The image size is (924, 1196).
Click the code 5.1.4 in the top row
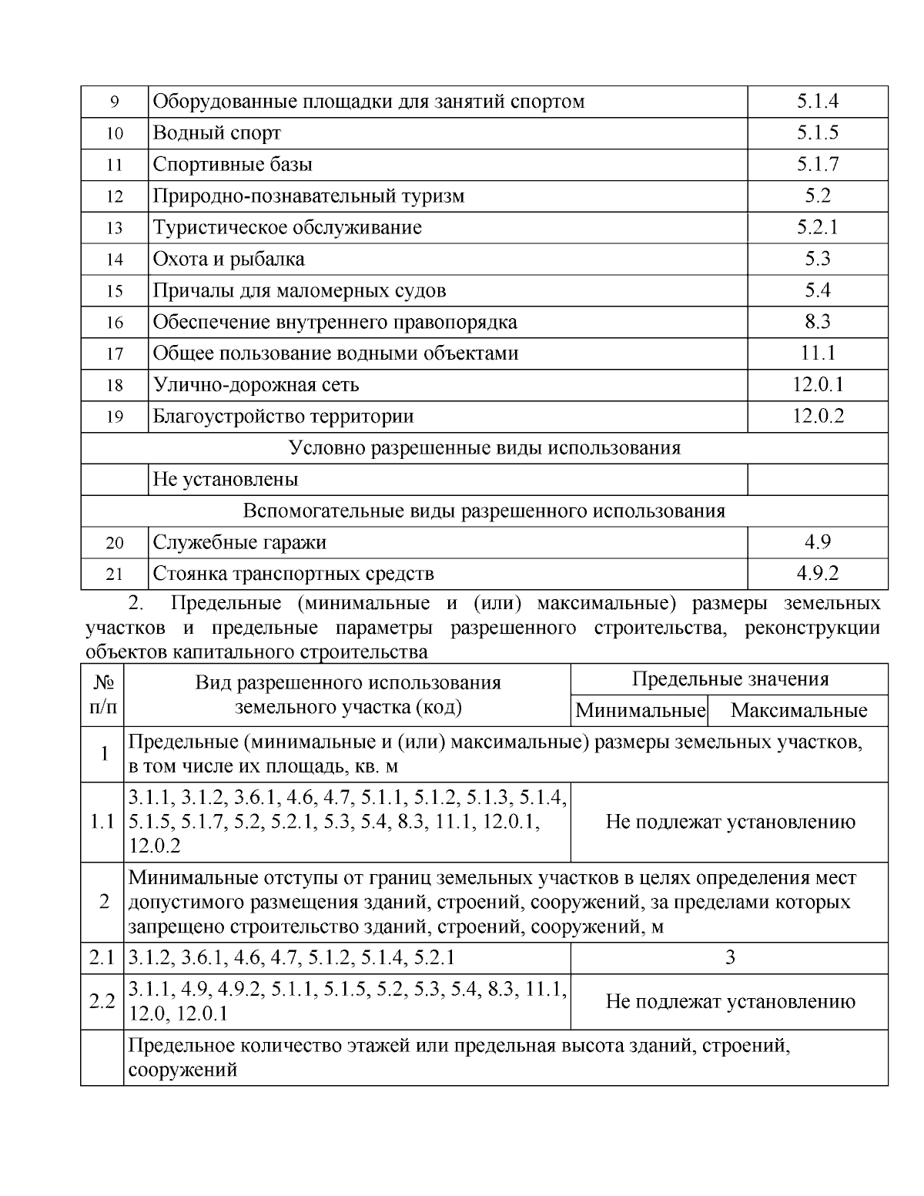tap(817, 101)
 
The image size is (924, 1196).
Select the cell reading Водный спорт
tap(217, 132)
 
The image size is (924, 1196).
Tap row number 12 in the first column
tap(114, 196)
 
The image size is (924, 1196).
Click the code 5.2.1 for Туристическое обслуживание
tap(817, 227)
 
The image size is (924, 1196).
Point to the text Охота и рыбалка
tap(229, 259)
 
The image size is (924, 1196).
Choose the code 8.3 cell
tap(817, 322)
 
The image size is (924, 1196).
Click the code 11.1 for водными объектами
tap(817, 353)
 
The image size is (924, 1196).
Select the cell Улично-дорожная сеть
tap(256, 385)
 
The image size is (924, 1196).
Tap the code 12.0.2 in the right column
tap(817, 417)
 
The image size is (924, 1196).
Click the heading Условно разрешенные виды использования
tap(484, 448)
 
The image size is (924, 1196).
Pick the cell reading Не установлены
tap(226, 480)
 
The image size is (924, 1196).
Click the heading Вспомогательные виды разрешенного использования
tap(484, 511)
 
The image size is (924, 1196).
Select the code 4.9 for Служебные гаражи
tap(817, 543)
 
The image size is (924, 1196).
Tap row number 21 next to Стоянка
tap(114, 575)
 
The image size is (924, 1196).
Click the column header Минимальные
tap(640, 711)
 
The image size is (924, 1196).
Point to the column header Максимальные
tap(798, 711)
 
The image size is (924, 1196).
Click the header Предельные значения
tap(729, 679)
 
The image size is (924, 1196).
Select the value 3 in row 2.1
tap(729, 957)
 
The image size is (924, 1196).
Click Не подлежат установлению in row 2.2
tap(729, 1001)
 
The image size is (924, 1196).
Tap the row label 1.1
tap(102, 822)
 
